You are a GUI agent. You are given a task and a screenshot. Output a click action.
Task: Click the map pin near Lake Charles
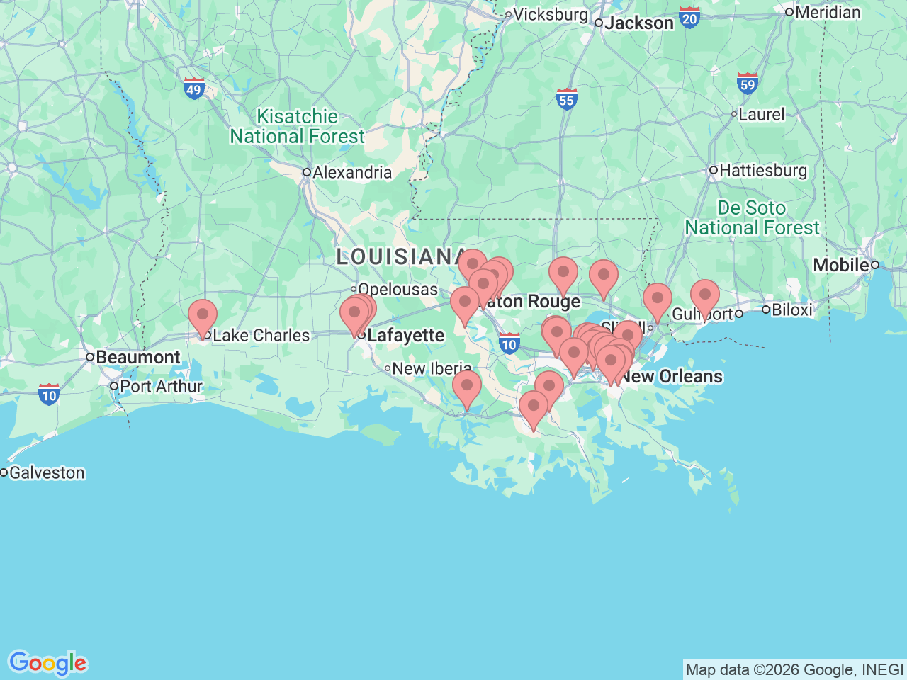[203, 314]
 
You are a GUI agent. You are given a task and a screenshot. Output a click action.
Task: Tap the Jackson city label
[638, 23]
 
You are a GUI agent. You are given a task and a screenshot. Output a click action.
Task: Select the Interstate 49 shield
[193, 89]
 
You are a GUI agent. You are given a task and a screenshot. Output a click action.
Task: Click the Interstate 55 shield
[566, 98]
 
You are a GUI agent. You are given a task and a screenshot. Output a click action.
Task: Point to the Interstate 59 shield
[747, 84]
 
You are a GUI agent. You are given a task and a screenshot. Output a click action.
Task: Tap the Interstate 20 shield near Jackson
[689, 18]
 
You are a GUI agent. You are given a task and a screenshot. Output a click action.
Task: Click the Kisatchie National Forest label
[297, 126]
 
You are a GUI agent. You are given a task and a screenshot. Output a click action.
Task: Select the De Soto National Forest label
[752, 217]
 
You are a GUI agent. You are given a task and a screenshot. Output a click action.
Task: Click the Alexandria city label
[351, 172]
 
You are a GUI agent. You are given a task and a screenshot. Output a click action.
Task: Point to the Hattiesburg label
[762, 171]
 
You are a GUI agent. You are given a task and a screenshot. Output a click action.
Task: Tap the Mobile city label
[840, 265]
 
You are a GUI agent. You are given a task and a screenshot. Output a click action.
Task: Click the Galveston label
[47, 472]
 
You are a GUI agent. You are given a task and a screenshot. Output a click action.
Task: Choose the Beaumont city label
[137, 357]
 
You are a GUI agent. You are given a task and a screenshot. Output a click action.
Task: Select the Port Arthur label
[161, 386]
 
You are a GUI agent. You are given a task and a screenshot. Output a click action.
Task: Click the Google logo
[47, 663]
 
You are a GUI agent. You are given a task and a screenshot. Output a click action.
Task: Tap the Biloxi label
[791, 310]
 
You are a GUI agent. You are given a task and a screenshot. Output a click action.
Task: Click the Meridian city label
[828, 12]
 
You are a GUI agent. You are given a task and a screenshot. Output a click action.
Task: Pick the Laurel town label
[761, 114]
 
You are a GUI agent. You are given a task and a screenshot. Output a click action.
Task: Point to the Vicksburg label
[550, 14]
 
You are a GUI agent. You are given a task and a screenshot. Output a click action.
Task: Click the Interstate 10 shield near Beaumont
[49, 394]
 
